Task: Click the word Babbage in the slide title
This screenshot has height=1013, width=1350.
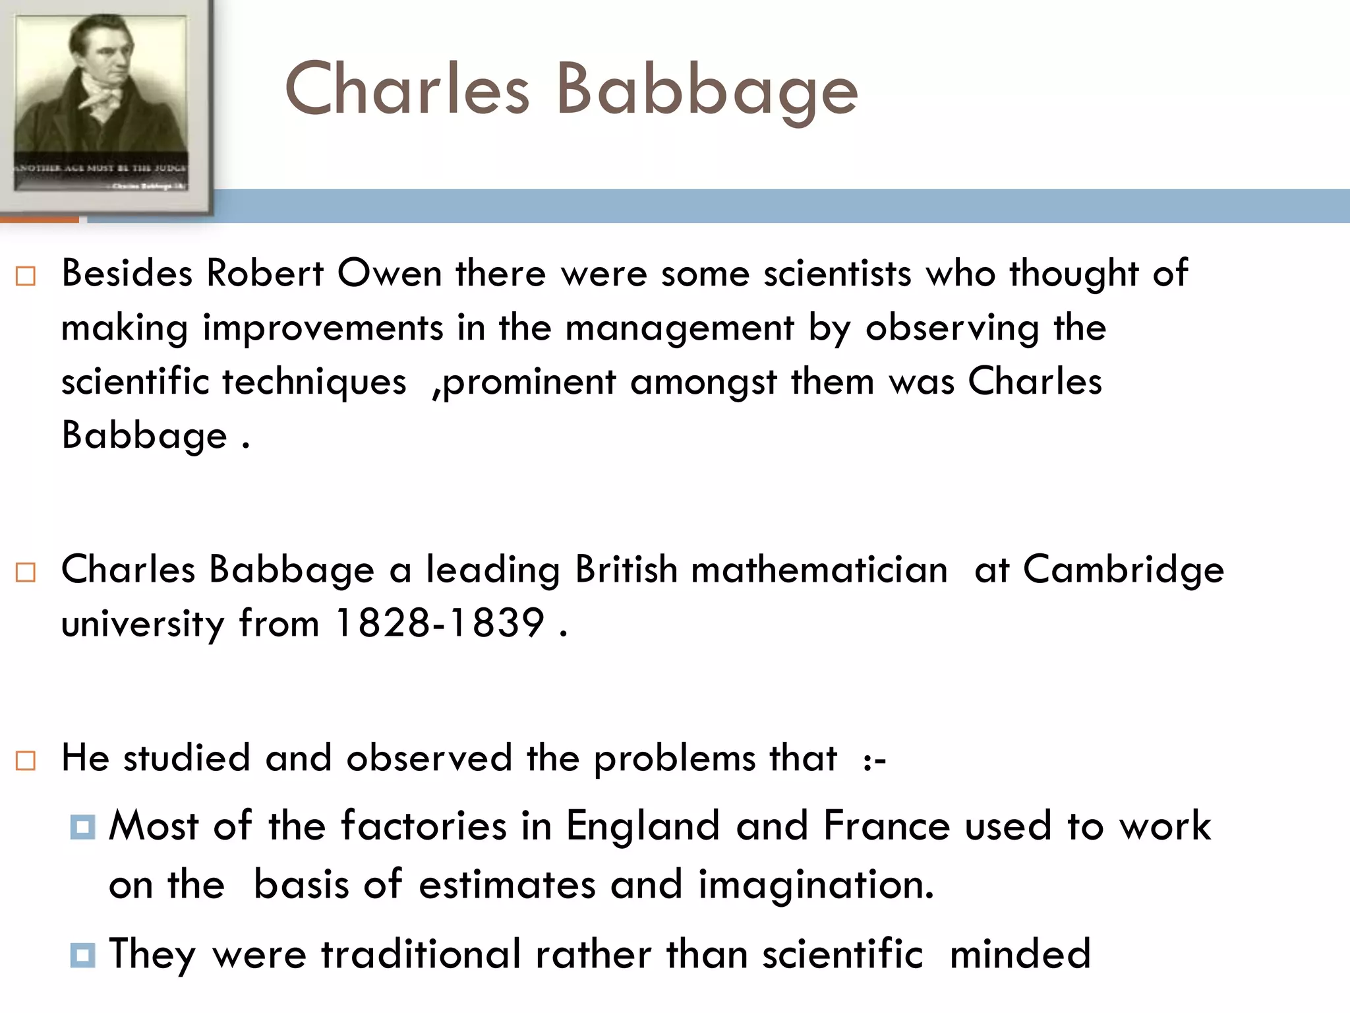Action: tap(707, 90)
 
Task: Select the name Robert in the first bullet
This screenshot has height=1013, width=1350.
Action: tap(265, 273)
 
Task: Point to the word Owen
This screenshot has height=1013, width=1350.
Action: tap(389, 273)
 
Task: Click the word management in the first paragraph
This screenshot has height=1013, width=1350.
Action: tap(680, 328)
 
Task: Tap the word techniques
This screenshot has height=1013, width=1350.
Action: tap(314, 382)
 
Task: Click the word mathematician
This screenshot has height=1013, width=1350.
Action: tap(819, 569)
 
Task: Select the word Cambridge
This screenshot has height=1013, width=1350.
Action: tap(1123, 569)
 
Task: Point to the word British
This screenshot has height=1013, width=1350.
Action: tap(626, 569)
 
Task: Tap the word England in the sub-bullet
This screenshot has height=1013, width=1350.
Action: tap(643, 826)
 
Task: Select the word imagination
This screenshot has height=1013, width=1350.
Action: tap(815, 884)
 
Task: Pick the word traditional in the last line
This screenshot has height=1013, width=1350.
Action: tap(421, 954)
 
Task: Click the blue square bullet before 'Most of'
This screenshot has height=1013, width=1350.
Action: tap(82, 826)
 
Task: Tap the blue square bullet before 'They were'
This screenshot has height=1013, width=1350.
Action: tap(82, 954)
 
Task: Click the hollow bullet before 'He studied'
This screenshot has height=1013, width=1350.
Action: tap(26, 760)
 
